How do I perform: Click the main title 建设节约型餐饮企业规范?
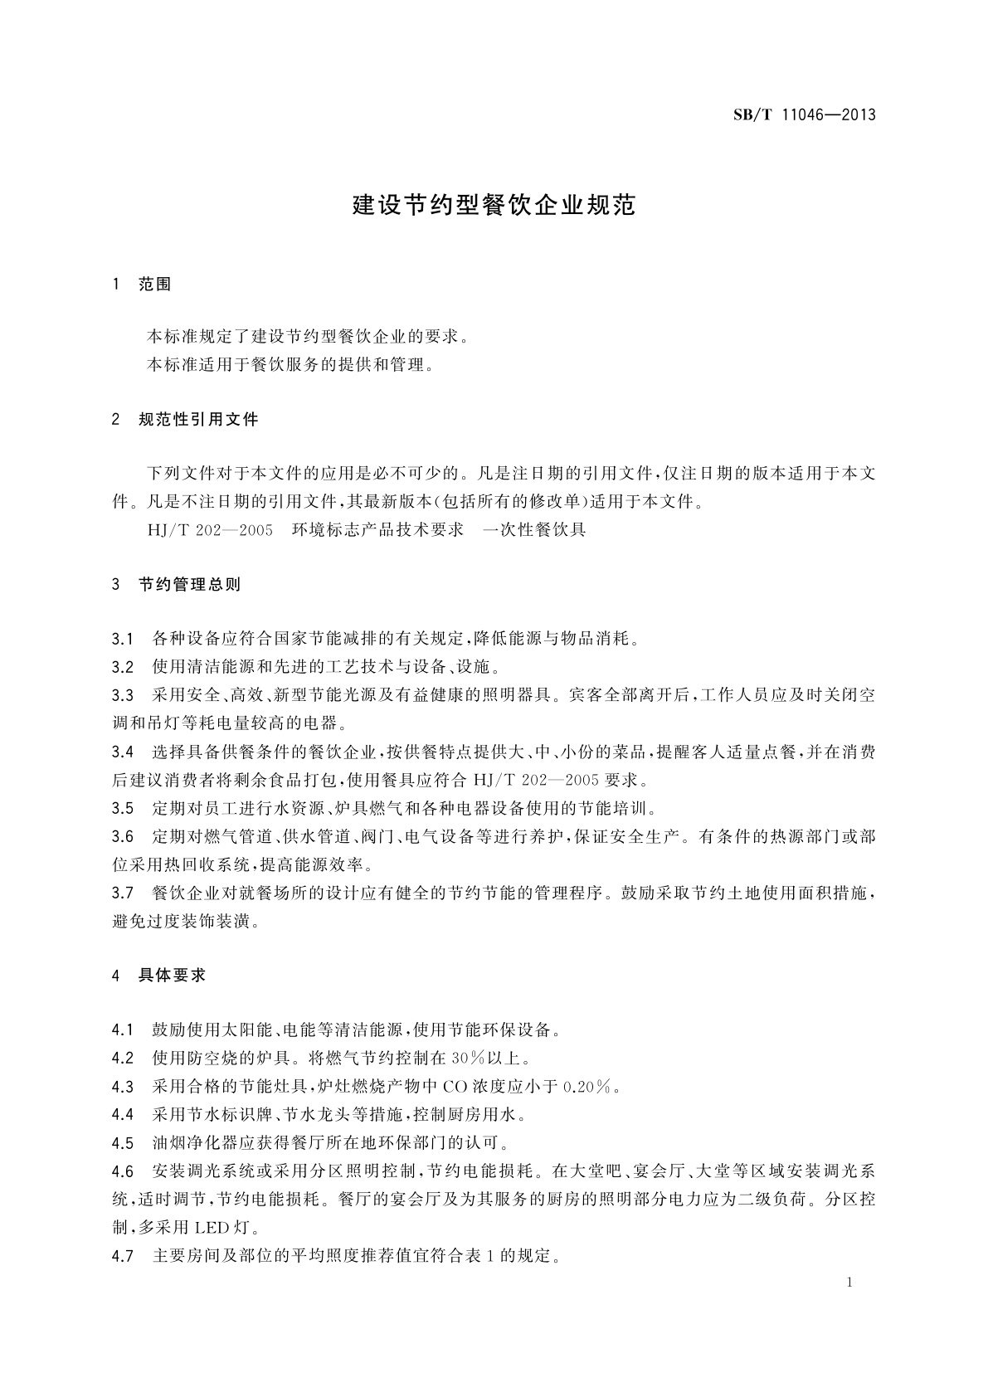pyautogui.click(x=494, y=205)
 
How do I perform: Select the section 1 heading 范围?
pyautogui.click(x=155, y=285)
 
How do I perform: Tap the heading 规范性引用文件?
pyautogui.click(x=199, y=420)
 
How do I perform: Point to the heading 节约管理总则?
pyautogui.click(x=190, y=585)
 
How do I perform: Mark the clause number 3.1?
pyautogui.click(x=123, y=640)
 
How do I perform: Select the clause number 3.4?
pyautogui.click(x=123, y=753)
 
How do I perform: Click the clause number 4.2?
pyautogui.click(x=123, y=1059)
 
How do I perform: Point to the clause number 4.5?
pyautogui.click(x=123, y=1144)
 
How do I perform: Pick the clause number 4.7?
pyautogui.click(x=123, y=1257)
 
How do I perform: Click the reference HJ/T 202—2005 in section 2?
pyautogui.click(x=210, y=530)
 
